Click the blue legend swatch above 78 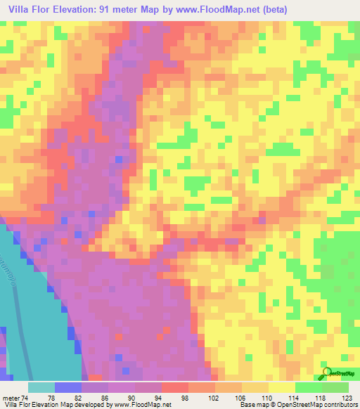[67, 387]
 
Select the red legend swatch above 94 [174, 387]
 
